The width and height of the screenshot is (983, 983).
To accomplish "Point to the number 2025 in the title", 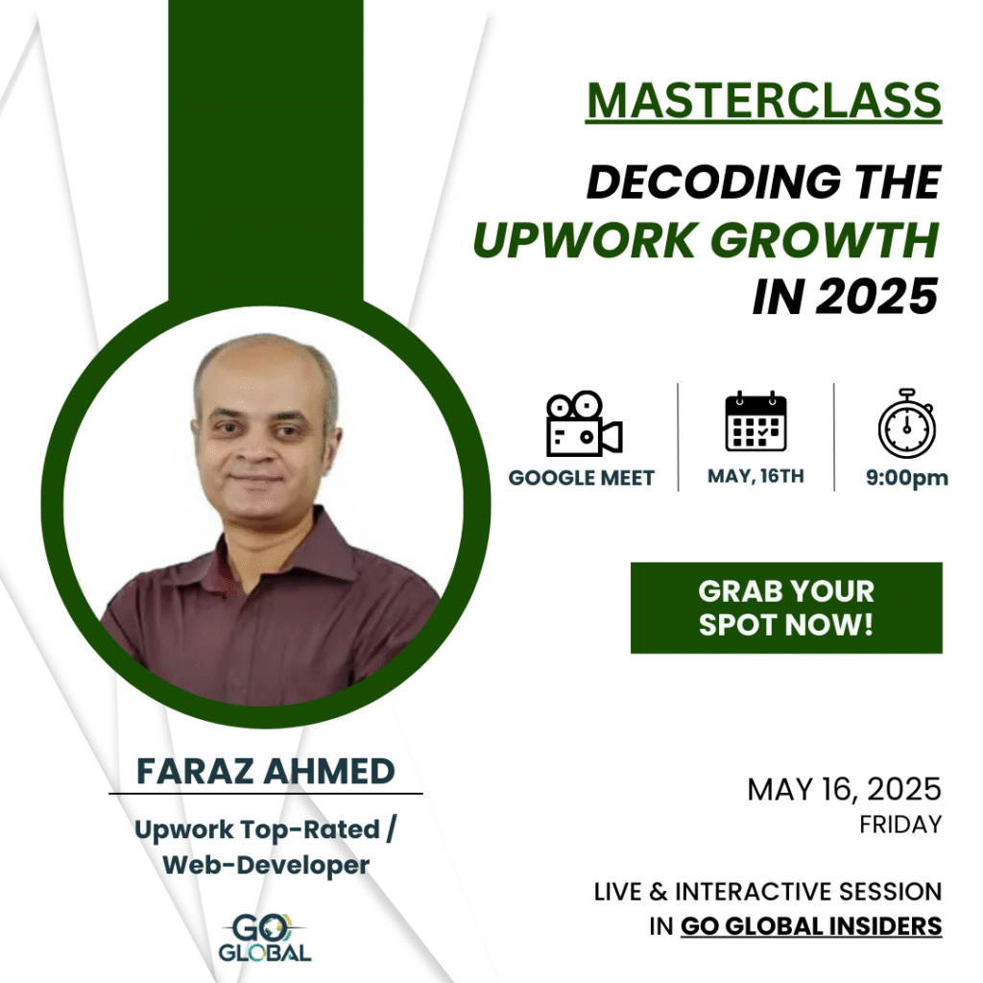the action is (877, 297).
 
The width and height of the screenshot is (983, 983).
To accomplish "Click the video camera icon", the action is (584, 424).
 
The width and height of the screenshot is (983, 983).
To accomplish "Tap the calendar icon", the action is (755, 421).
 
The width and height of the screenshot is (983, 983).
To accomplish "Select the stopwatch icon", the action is (906, 423).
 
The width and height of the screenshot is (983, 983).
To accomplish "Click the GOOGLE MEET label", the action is (581, 478).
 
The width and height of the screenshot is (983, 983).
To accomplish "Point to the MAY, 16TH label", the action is (755, 476).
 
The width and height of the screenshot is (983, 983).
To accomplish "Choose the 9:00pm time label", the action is (906, 478).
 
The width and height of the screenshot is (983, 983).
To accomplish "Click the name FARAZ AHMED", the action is (266, 771).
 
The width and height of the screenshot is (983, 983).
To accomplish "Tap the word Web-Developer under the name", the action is (266, 865).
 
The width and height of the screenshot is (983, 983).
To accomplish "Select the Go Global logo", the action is (265, 937).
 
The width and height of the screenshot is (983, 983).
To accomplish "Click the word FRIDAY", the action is (900, 825).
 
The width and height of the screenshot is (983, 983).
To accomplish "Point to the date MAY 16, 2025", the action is (844, 789).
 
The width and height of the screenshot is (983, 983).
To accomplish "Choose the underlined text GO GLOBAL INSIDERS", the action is (811, 926).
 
